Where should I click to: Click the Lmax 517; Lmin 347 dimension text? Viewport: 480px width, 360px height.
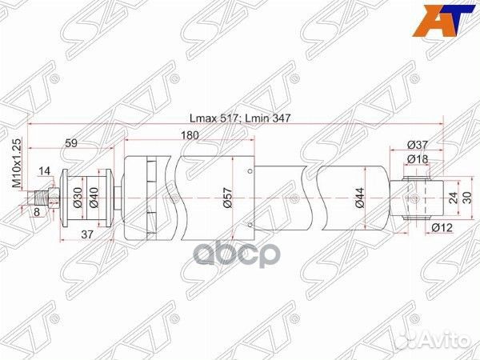click(238, 118)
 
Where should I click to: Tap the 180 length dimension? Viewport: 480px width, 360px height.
click(189, 135)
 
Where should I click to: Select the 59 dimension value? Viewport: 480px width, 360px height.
click(71, 144)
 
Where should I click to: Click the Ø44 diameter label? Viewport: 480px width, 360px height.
click(361, 202)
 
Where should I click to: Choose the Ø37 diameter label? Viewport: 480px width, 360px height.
click(415, 144)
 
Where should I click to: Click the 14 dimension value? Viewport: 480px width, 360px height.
click(43, 170)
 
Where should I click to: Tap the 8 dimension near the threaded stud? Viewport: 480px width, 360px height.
click(37, 213)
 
